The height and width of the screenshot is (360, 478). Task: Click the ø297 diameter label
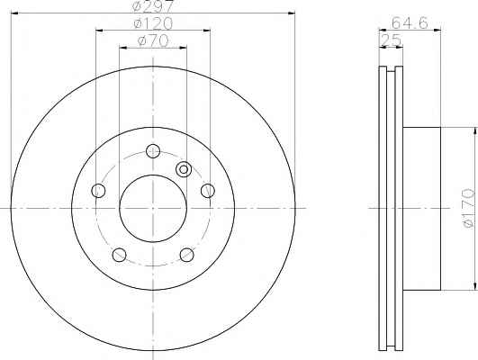point(153,6)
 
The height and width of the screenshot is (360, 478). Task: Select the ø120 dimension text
point(153,23)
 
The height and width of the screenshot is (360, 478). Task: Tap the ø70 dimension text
point(153,40)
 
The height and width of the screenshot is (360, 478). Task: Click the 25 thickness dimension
point(391,40)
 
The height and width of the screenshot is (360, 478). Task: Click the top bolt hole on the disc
point(153,151)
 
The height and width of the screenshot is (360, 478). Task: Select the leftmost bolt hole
point(98,191)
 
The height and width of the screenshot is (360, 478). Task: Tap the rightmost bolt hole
point(208,191)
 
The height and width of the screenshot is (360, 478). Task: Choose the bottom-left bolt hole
point(119,255)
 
